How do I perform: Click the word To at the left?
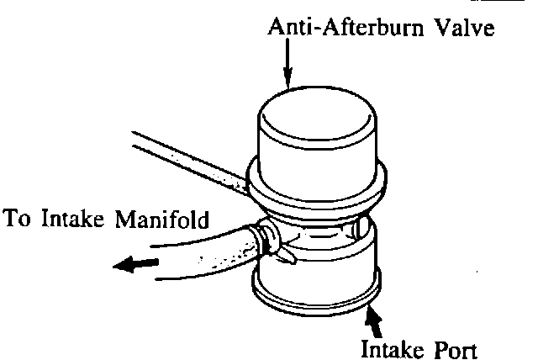click(18, 220)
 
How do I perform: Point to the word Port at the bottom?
click(456, 347)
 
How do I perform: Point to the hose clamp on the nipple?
click(269, 240)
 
